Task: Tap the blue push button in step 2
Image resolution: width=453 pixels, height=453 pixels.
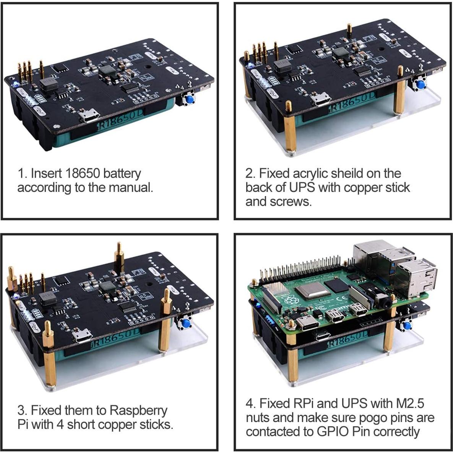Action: click(x=421, y=84)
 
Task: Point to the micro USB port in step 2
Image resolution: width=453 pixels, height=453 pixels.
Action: click(x=321, y=100)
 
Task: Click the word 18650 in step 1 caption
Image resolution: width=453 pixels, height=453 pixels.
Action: click(x=83, y=174)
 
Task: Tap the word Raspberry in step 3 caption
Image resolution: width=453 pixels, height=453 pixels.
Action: click(x=138, y=411)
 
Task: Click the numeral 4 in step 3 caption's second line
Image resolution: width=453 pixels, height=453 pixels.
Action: click(x=60, y=425)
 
